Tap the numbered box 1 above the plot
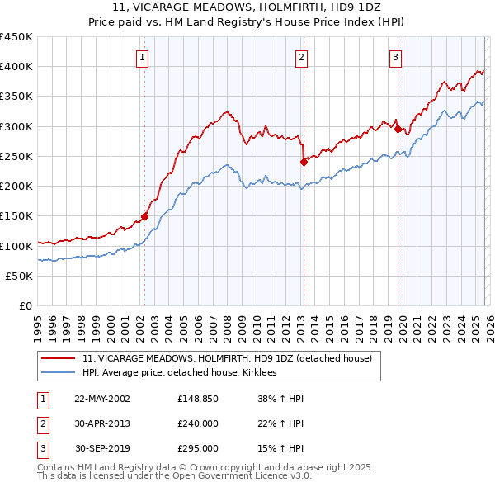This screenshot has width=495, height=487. tap(143, 58)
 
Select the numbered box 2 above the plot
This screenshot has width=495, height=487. tap(302, 58)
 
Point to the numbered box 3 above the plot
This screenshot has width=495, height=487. tap(396, 58)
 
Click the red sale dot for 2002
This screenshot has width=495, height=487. tap(144, 217)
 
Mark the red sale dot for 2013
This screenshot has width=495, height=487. tap(304, 162)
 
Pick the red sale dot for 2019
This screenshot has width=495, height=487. tap(398, 129)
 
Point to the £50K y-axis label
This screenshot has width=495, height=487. tap(20, 277)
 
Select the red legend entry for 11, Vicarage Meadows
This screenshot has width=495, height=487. tap(228, 358)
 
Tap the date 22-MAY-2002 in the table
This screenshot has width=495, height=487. tap(102, 399)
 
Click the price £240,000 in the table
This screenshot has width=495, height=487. tap(198, 423)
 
